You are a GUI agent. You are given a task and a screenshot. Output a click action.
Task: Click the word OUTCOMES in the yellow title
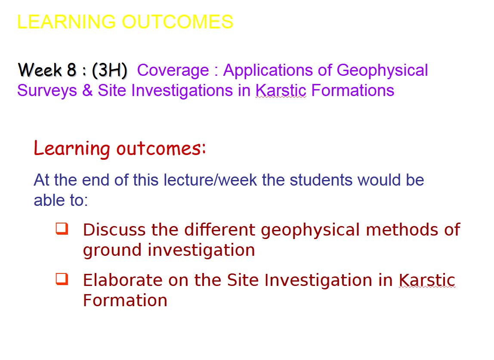[x=177, y=22]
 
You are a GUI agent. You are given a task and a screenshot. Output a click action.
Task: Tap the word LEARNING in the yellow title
[x=66, y=22]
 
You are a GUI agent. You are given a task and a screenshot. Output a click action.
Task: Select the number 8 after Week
[x=71, y=70]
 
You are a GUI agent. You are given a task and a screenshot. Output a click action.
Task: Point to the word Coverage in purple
[x=173, y=70]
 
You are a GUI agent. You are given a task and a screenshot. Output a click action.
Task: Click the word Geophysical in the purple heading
[x=382, y=71]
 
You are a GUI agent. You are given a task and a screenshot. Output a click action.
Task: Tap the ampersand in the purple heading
[x=87, y=90]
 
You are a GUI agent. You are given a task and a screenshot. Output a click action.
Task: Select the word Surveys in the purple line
[x=47, y=91]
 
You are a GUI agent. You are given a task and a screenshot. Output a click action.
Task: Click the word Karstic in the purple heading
[x=281, y=90]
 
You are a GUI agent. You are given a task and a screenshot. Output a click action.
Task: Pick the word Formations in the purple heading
[x=352, y=90]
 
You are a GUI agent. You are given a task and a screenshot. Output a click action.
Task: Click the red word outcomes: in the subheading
[x=161, y=148]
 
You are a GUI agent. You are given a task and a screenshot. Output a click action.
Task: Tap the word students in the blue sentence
[x=321, y=180]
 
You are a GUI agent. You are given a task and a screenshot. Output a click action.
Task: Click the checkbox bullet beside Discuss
[x=62, y=229]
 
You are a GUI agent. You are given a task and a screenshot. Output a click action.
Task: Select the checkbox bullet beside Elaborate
[x=62, y=279]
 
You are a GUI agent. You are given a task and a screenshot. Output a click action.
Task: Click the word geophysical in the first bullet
[x=310, y=230]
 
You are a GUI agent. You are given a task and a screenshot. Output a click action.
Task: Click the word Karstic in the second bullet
[x=427, y=280]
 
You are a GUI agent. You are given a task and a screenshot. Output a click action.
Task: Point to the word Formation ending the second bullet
[x=125, y=300]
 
